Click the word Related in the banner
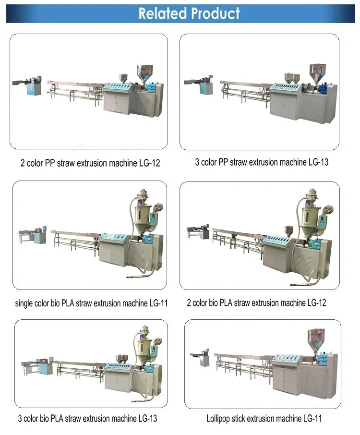pyautogui.click(x=163, y=13)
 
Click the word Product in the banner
pyautogui.click(x=216, y=13)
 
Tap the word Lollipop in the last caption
pyautogui.click(x=218, y=419)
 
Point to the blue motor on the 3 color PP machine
pyautogui.click(x=323, y=89)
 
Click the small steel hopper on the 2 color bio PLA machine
pyautogui.click(x=289, y=231)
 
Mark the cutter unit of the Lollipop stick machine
pyautogui.click(x=202, y=358)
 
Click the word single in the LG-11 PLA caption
pyautogui.click(x=24, y=303)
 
